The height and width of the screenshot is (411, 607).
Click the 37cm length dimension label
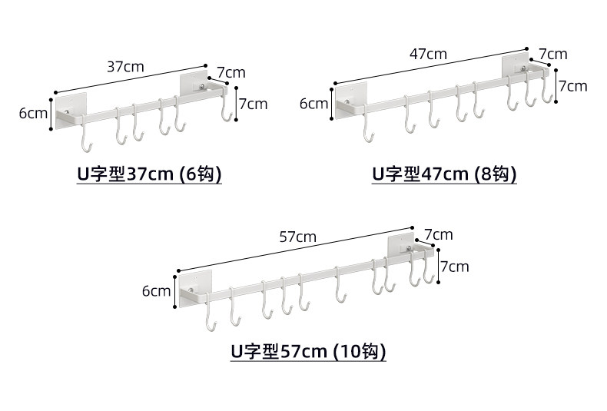click(125, 67)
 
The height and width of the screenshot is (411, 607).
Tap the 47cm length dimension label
click(428, 55)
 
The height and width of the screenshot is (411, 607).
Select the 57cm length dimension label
click(297, 237)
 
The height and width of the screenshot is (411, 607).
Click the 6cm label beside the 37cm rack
click(33, 114)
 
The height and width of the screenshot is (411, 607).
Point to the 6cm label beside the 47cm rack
click(314, 104)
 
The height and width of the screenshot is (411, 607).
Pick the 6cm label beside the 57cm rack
click(157, 291)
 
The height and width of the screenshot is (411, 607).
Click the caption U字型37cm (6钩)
click(149, 174)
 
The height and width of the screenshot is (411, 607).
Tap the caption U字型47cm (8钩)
click(444, 174)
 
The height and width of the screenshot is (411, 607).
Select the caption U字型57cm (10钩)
click(309, 351)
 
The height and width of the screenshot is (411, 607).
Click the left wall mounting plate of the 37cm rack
click(71, 111)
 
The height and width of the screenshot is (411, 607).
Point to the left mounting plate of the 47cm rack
click(350, 100)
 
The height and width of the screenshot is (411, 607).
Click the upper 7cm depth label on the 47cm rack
click(553, 55)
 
